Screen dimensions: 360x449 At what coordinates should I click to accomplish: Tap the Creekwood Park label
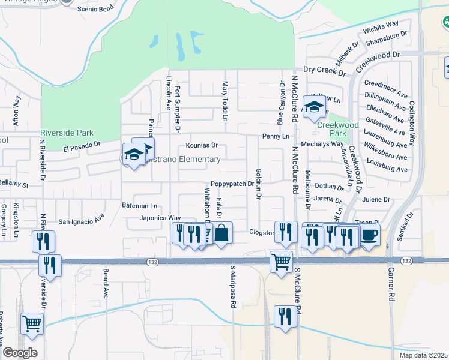point(338,129)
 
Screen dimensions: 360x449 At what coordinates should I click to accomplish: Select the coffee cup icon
point(369,235)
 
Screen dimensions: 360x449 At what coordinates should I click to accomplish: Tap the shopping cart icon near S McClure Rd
point(281,262)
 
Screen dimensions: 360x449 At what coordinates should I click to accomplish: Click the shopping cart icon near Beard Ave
point(32,324)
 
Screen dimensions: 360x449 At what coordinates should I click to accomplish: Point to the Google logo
point(19,353)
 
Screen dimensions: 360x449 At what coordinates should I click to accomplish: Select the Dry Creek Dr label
point(325,72)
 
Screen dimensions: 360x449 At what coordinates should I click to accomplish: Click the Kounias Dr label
point(202,145)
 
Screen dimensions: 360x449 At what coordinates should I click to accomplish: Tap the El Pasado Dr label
point(82,146)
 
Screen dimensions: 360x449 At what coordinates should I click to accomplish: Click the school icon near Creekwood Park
point(314,106)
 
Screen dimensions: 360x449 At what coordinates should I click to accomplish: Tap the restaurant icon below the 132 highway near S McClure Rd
point(284,317)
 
